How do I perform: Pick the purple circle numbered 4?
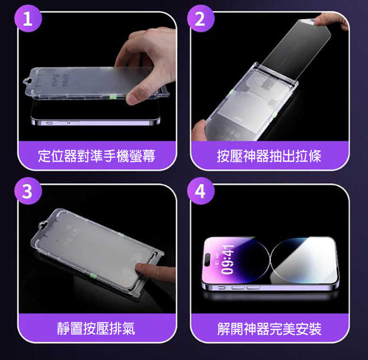(201, 191)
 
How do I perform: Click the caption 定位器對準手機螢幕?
(97, 156)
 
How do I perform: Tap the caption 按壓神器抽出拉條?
(270, 156)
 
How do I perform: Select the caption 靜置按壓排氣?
(97, 328)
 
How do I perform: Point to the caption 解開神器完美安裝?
(270, 328)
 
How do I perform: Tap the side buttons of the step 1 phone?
(64, 123)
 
